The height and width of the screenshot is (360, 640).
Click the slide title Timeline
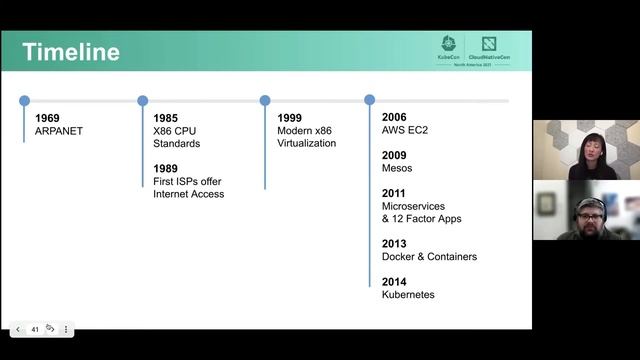click(x=70, y=52)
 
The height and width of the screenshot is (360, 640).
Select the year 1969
click(x=47, y=118)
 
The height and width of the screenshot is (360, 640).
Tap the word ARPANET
click(x=58, y=131)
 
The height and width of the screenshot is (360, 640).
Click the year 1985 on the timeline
click(x=165, y=118)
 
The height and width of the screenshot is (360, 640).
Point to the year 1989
click(x=165, y=168)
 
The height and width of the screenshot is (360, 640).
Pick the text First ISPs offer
click(x=187, y=181)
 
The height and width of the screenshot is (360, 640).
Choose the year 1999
click(x=290, y=118)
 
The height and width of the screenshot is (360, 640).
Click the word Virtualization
click(x=307, y=143)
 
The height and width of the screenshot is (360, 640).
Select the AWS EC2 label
click(x=405, y=131)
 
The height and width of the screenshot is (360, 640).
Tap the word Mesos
click(x=397, y=168)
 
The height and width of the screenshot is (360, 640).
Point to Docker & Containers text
click(x=429, y=256)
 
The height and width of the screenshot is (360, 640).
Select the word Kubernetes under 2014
click(x=408, y=294)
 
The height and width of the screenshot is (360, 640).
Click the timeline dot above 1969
click(x=24, y=100)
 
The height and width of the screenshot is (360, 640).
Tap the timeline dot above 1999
click(x=265, y=100)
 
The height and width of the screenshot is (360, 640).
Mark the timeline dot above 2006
click(x=369, y=100)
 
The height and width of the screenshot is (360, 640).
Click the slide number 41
click(x=35, y=329)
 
